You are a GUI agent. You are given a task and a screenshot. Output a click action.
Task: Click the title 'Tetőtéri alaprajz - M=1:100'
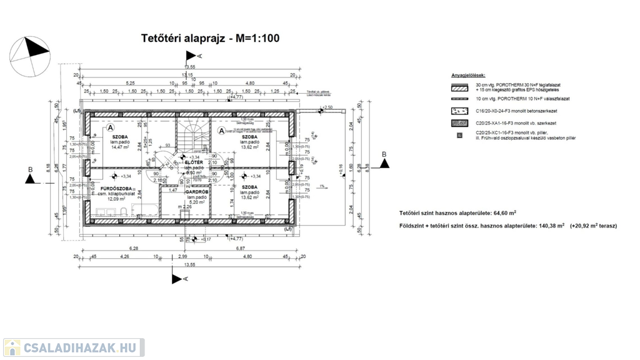click(x=210, y=39)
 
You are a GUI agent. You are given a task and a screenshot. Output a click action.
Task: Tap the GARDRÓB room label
click(x=197, y=192)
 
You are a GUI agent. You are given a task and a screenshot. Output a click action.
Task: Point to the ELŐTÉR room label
click(x=194, y=162)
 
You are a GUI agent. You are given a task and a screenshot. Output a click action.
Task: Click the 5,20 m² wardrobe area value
click(x=197, y=202)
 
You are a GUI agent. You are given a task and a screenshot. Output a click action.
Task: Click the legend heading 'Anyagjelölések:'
click(x=468, y=76)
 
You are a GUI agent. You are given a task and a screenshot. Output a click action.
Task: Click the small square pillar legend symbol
click(x=459, y=135)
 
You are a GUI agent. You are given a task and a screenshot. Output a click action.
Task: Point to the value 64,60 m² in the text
click(x=504, y=213)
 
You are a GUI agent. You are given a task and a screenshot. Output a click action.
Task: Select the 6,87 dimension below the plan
click(x=241, y=249)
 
